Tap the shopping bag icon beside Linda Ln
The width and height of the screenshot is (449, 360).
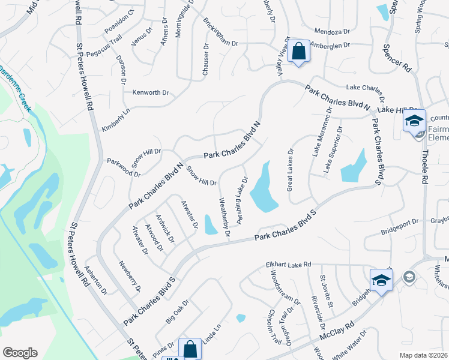pyautogui.click(x=190, y=349)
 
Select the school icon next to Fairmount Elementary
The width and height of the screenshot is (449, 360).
pyautogui.click(x=414, y=121)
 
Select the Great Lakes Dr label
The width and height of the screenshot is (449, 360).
pyautogui.click(x=291, y=170)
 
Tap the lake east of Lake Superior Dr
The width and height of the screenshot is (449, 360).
pyautogui.click(x=354, y=167)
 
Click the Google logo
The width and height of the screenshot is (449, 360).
pyautogui.click(x=20, y=353)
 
